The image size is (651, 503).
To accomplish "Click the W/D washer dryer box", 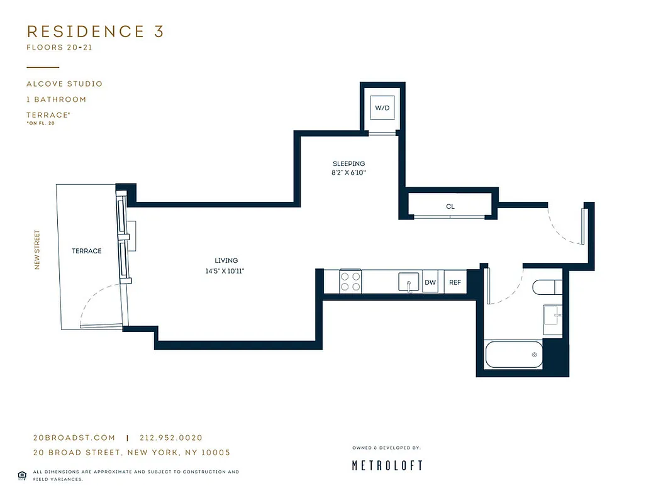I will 382,108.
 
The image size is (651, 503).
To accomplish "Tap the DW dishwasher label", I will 430,283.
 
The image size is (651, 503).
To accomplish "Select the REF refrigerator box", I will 455,283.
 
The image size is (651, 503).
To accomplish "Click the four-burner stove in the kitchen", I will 350,280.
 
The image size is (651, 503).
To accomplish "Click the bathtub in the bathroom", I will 514,355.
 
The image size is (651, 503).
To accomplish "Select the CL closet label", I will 450,206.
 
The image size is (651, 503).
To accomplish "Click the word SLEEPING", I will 348,163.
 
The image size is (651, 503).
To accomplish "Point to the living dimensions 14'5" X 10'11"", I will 226,271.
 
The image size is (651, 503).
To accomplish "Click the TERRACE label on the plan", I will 86,251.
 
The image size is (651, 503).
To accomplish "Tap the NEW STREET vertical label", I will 37,250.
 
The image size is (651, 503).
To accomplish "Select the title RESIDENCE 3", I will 95,31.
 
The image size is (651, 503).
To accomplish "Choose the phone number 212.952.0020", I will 170,438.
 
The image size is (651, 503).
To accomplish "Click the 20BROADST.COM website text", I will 74,438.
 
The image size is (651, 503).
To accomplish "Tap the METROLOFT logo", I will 386,465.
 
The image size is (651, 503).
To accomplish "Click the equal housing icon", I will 22,474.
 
